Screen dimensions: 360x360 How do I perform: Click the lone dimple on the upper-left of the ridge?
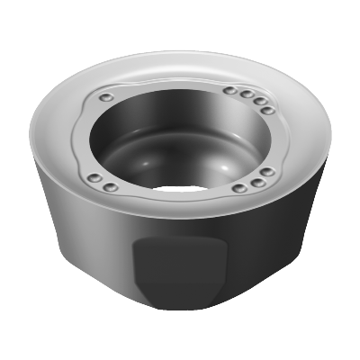pyautogui.click(x=106, y=95)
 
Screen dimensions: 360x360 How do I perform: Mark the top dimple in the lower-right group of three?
pyautogui.click(x=268, y=173)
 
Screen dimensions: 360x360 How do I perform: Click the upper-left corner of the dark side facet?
pyautogui.click(x=137, y=240)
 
